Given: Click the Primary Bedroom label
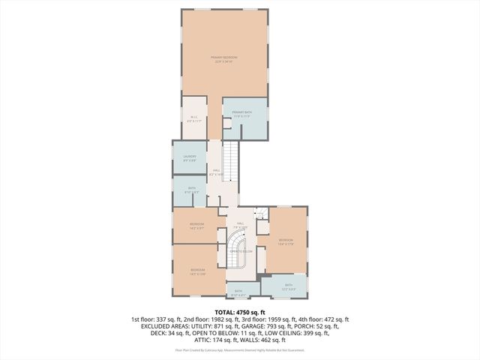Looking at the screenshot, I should click(x=223, y=60).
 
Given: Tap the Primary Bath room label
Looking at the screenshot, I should click(x=241, y=115).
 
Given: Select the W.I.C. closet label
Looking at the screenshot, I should click(x=193, y=118).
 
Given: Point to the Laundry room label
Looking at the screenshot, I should click(x=190, y=158).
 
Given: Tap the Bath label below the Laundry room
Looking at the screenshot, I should click(x=192, y=190).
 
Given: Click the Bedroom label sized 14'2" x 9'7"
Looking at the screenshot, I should click(x=196, y=226).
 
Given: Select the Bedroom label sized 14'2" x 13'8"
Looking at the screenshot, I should click(x=197, y=271).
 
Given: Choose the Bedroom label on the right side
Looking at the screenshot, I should click(x=286, y=241).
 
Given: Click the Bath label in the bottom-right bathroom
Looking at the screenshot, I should click(x=289, y=286).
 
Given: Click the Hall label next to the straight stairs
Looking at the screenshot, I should click(x=216, y=172).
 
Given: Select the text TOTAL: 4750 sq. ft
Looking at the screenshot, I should click(x=240, y=311).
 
